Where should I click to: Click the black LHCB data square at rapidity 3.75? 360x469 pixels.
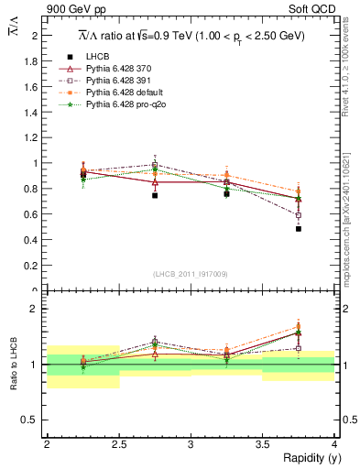pyautogui.click(x=299, y=229)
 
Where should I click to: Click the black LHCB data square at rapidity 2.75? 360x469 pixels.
pyautogui.click(x=155, y=195)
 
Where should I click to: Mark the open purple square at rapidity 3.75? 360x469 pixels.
pyautogui.click(x=299, y=215)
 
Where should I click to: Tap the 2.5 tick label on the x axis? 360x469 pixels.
pyautogui.click(x=118, y=444)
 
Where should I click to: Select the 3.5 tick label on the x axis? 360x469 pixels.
pyautogui.click(x=262, y=444)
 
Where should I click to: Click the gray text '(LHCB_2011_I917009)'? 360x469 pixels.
pyautogui.click(x=191, y=273)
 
